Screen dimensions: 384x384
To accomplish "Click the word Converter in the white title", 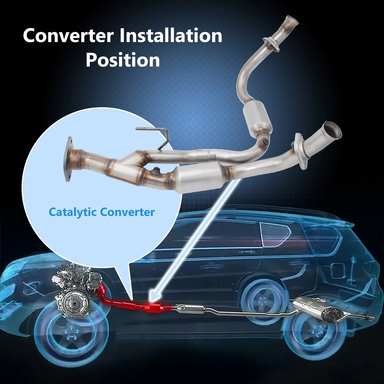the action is (68, 35).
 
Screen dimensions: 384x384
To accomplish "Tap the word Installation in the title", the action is (171, 35).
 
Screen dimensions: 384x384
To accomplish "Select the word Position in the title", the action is (123, 60).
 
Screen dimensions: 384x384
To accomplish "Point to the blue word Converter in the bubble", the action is (128, 212).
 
